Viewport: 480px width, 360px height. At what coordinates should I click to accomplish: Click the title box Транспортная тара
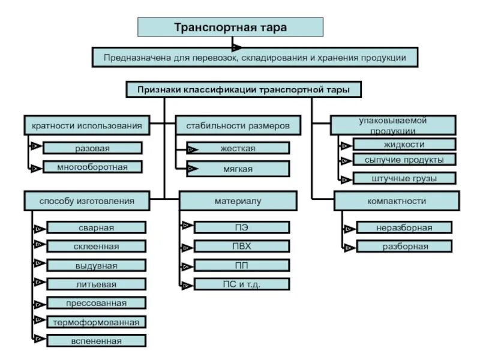tap(230, 28)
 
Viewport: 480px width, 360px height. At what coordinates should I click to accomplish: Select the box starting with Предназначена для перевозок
tap(255, 58)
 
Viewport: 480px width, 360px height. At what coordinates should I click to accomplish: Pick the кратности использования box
tap(86, 125)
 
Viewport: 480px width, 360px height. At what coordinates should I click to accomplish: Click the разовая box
tap(92, 148)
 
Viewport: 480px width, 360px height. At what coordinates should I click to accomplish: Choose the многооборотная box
tap(92, 167)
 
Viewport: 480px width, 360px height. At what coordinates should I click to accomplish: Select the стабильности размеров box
tap(238, 125)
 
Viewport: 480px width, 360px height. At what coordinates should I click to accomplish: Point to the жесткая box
tap(238, 148)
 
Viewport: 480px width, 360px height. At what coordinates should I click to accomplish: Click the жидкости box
tap(404, 144)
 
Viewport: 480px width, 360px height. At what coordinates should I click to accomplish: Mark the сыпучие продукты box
tap(404, 160)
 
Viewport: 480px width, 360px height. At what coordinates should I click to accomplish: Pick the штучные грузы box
tap(404, 178)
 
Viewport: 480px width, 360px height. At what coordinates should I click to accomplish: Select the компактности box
tap(397, 201)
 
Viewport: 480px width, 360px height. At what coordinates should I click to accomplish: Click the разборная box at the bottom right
tap(404, 246)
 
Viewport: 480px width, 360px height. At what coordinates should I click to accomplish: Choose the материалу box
tap(238, 201)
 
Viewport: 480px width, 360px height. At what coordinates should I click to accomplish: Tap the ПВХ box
tap(242, 246)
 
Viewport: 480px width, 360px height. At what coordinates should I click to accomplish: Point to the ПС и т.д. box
tap(242, 284)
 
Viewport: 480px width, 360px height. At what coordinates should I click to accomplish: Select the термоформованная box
tap(96, 322)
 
